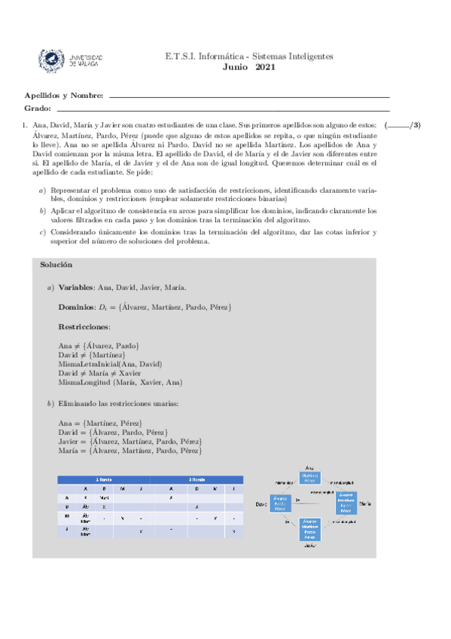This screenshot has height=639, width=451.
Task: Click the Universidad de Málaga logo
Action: pyautogui.click(x=73, y=60)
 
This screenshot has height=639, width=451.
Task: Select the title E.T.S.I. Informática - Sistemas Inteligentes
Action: pyautogui.click(x=249, y=57)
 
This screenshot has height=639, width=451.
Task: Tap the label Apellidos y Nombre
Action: pyautogui.click(x=64, y=96)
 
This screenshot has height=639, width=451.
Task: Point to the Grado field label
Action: pyautogui.click(x=38, y=109)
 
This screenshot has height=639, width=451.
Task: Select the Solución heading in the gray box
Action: pyautogui.click(x=56, y=265)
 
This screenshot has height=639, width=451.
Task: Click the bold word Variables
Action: pyautogui.click(x=77, y=288)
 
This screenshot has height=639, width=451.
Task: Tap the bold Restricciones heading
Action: pyautogui.click(x=84, y=327)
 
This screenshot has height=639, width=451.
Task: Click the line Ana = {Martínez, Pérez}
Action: pyautogui.click(x=100, y=423)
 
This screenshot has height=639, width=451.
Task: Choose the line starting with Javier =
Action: pyautogui.click(x=130, y=442)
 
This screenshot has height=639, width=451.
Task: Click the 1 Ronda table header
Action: pyautogui.click(x=104, y=479)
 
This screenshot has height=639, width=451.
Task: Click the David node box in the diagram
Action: pyautogui.click(x=281, y=503)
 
